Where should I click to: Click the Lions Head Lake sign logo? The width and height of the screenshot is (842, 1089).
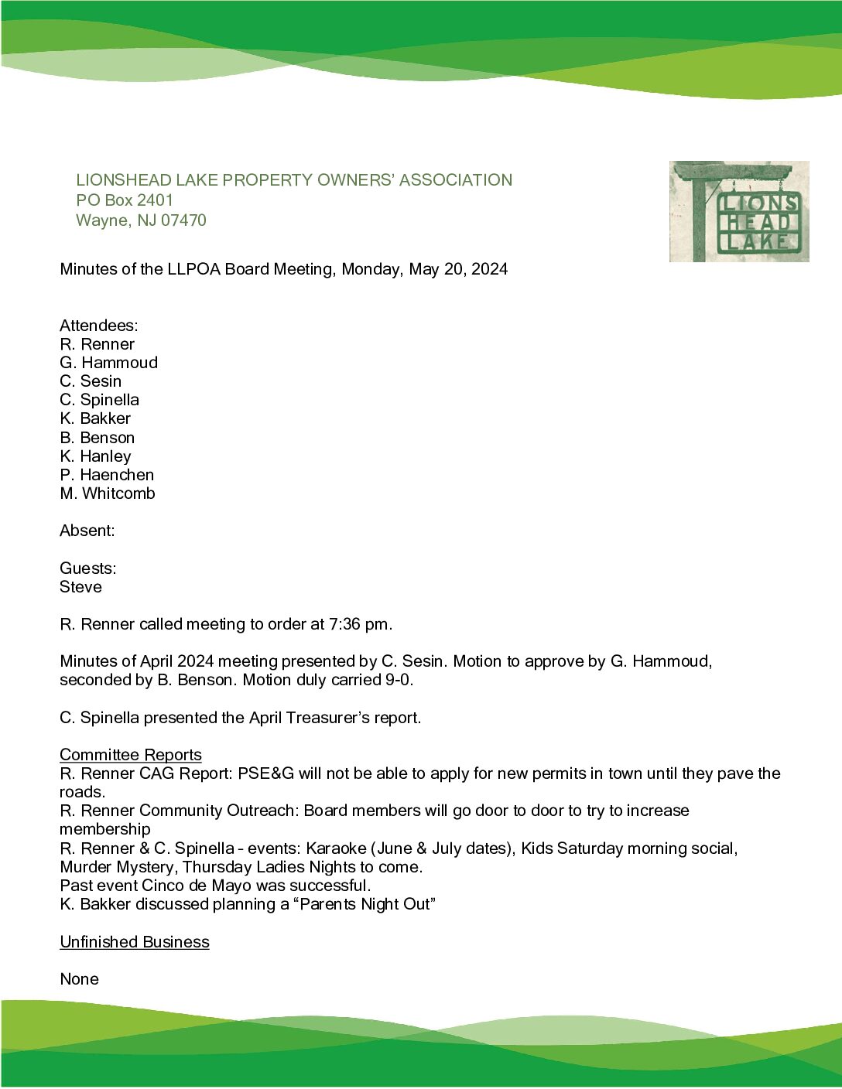(739, 211)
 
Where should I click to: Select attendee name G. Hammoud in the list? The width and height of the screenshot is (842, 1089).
(108, 363)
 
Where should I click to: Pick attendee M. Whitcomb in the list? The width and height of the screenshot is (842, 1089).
(107, 493)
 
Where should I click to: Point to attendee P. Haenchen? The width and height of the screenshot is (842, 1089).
(107, 475)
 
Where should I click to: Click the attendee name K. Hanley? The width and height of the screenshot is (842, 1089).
(95, 456)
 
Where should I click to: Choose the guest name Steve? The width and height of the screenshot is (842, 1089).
(80, 587)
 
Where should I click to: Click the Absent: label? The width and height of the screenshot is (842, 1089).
(87, 531)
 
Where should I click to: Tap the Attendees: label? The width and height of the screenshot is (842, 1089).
(98, 326)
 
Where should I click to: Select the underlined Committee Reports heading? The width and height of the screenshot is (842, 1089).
(130, 755)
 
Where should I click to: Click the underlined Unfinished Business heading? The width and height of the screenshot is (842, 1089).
(134, 942)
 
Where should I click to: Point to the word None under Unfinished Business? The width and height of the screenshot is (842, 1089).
(79, 979)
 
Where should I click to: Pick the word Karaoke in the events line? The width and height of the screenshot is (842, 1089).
(336, 848)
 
